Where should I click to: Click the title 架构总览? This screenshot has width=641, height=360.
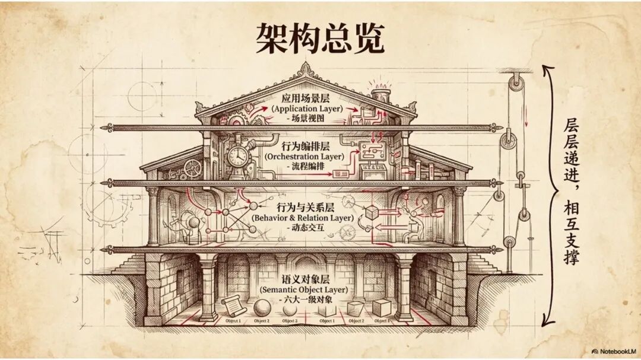tap(320, 39)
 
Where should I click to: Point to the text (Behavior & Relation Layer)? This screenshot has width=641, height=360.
tap(303, 218)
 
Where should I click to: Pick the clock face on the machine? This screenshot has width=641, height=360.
tap(237, 155)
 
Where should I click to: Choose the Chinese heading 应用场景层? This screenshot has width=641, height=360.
tap(305, 98)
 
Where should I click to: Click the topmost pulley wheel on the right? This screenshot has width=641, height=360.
tap(518, 79)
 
